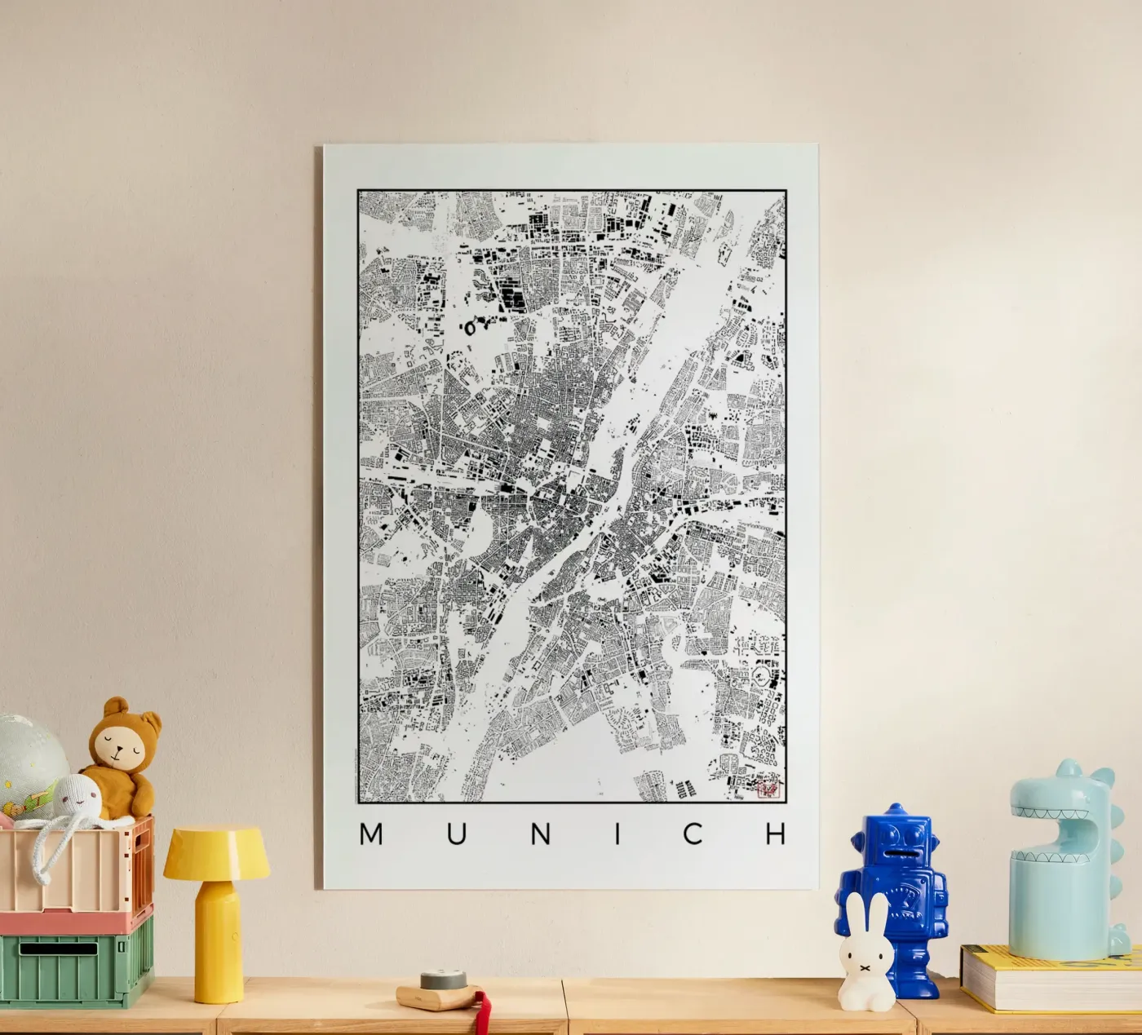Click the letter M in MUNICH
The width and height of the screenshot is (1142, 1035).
pos(371,834)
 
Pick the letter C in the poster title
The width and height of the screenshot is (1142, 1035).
pos(693,834)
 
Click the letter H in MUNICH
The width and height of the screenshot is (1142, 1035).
pos(777,834)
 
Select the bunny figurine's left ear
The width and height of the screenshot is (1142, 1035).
pos(853,913)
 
